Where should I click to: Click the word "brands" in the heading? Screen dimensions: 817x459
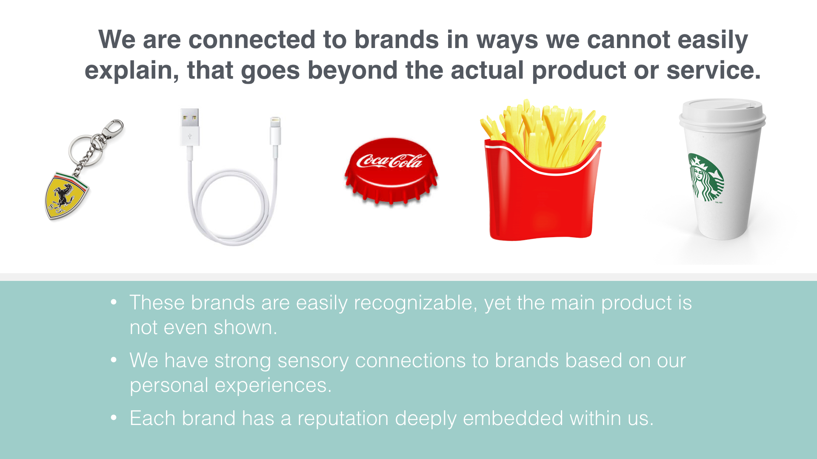(x=397, y=40)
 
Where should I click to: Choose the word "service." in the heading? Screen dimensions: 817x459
(x=714, y=70)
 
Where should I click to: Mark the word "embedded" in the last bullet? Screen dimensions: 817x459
(x=513, y=418)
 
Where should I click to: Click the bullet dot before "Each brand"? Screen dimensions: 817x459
(x=114, y=418)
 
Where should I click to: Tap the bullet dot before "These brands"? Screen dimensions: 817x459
(x=114, y=302)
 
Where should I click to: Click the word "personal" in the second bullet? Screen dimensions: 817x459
(x=169, y=386)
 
